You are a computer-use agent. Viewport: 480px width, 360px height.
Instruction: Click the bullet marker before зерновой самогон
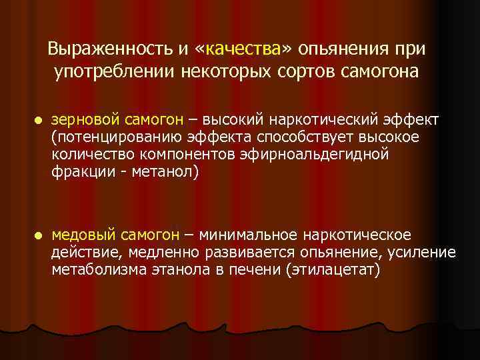[x=38, y=121]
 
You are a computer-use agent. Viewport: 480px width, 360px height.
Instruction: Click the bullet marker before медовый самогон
[x=38, y=236]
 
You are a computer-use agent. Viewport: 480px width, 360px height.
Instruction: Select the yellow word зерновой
[x=86, y=119]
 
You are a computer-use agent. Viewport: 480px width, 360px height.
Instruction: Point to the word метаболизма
[x=91, y=270]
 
